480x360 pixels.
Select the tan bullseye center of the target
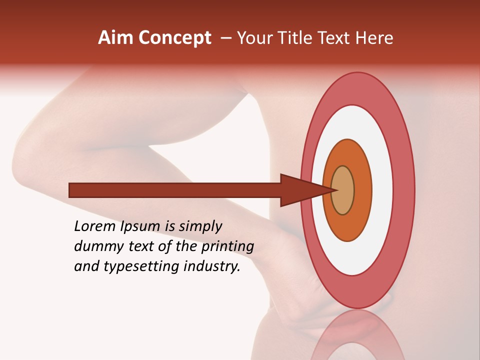click(x=343, y=190)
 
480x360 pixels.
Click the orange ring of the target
click(x=362, y=190)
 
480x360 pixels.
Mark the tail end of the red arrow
click(x=71, y=190)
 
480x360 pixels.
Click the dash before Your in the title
click(x=225, y=38)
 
